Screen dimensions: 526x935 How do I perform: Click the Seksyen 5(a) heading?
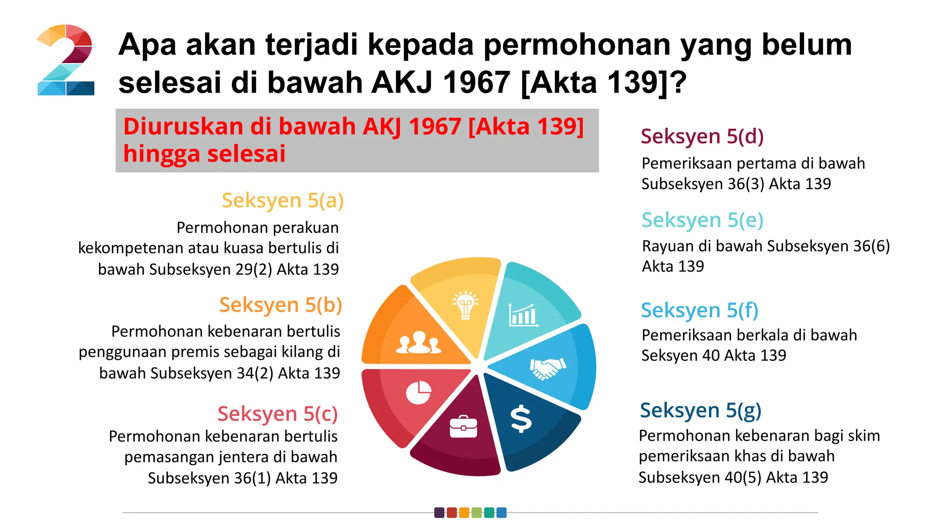(283, 200)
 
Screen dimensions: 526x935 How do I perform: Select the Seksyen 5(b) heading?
(280, 305)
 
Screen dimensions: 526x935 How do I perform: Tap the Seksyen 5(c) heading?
(277, 414)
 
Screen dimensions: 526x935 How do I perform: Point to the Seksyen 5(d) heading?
(702, 137)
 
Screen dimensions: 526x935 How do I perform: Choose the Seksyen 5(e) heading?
(702, 220)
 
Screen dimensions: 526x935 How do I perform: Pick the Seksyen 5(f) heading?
(699, 310)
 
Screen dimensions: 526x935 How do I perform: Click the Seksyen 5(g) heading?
(700, 410)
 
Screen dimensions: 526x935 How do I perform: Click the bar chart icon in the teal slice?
(523, 315)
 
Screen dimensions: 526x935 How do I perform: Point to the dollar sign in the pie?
(521, 419)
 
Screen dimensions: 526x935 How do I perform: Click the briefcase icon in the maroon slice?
(463, 427)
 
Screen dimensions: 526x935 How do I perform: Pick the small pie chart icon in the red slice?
(418, 393)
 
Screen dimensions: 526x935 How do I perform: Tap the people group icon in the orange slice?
(418, 343)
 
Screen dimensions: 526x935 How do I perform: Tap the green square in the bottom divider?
(477, 513)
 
